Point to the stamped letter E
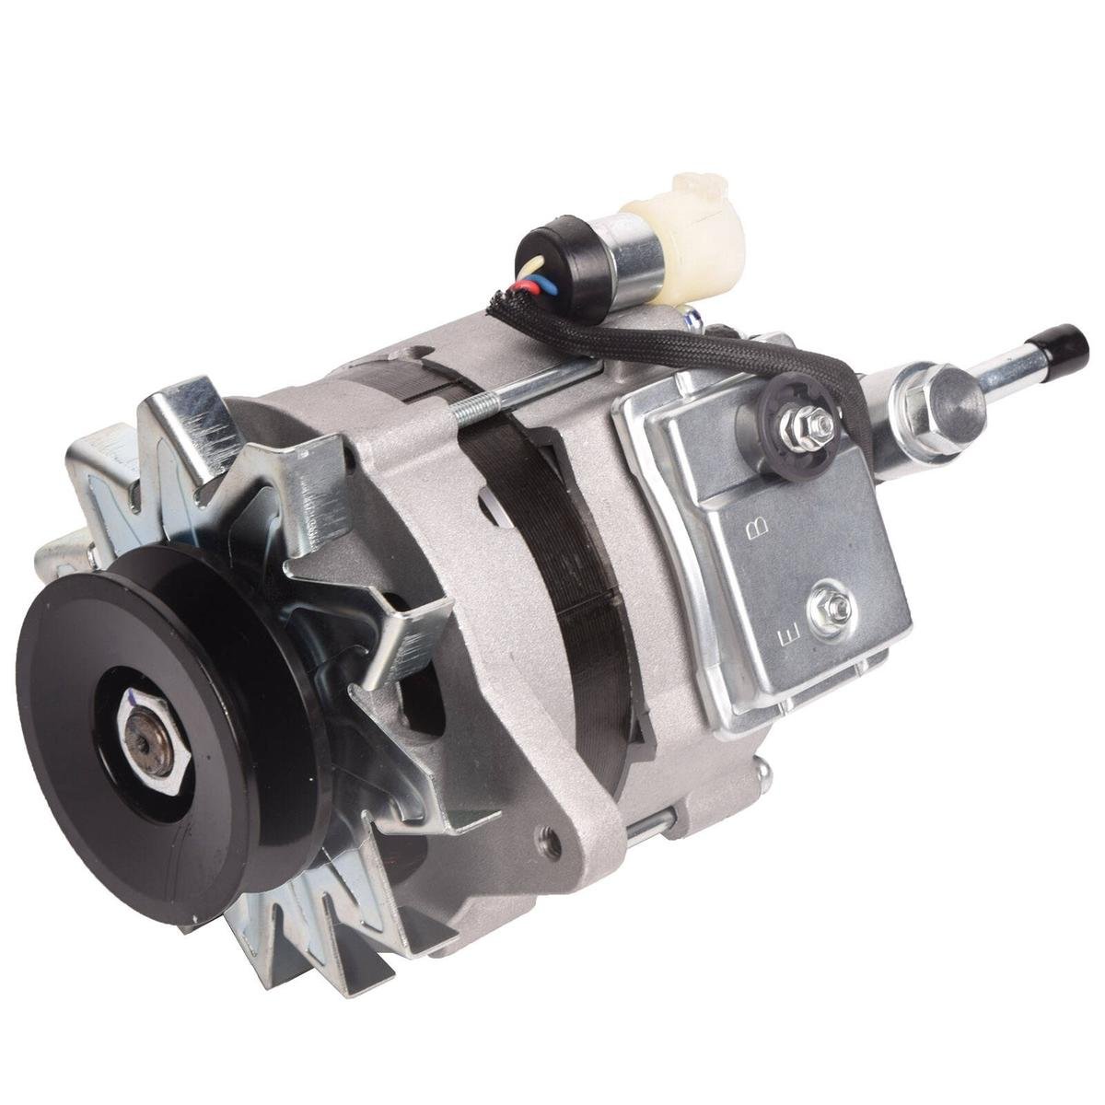point(785,636)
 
